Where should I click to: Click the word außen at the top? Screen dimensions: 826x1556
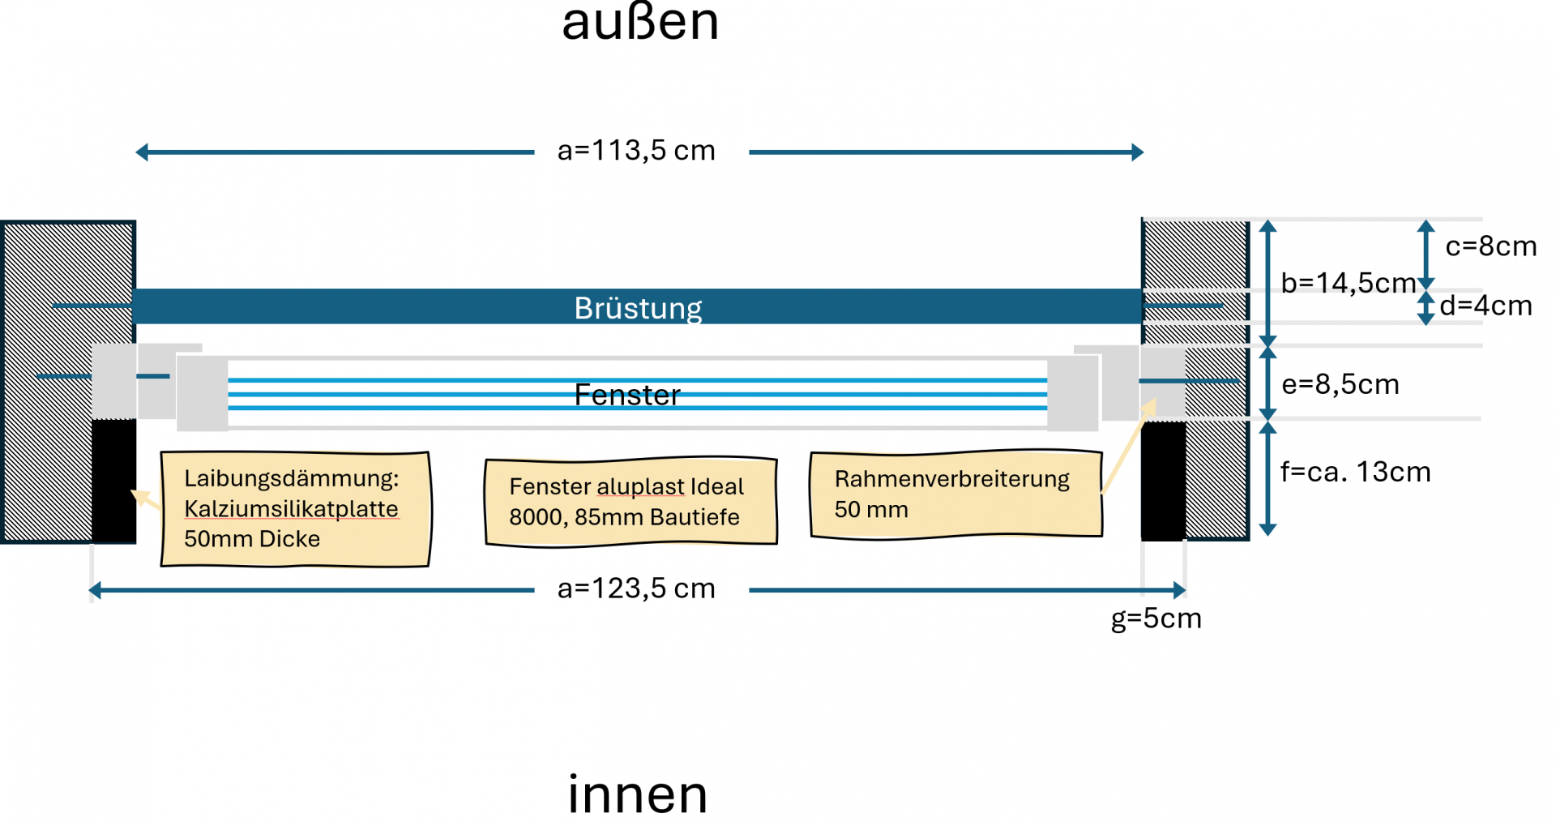click(640, 23)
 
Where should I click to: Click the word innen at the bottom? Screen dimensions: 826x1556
click(638, 794)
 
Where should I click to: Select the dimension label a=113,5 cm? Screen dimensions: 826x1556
click(636, 151)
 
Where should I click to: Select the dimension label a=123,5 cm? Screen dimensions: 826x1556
click(636, 588)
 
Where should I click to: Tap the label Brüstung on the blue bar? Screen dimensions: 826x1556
click(638, 308)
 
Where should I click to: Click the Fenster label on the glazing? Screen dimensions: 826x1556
click(627, 395)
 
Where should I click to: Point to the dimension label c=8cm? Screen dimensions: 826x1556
click(1490, 246)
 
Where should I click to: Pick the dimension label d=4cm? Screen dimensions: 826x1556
click(1485, 306)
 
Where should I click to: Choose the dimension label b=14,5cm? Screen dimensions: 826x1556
click(1348, 283)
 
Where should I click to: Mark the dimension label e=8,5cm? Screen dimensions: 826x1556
click(1340, 384)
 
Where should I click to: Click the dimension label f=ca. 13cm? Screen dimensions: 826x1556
click(1355, 472)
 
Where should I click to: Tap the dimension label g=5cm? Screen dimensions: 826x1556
click(1156, 618)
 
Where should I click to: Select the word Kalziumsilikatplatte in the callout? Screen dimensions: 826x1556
click(291, 508)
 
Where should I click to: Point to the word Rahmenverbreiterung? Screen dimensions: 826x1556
click(951, 479)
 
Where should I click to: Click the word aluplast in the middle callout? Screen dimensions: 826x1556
click(641, 486)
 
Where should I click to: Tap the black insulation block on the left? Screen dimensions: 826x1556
click(113, 480)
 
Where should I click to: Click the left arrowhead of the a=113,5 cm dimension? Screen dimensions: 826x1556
click(142, 152)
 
